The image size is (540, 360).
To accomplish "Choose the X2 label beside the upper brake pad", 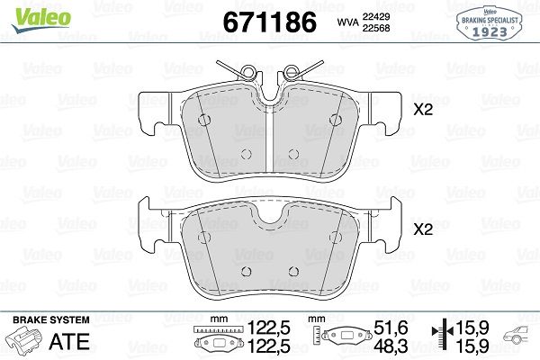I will point(422,112).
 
